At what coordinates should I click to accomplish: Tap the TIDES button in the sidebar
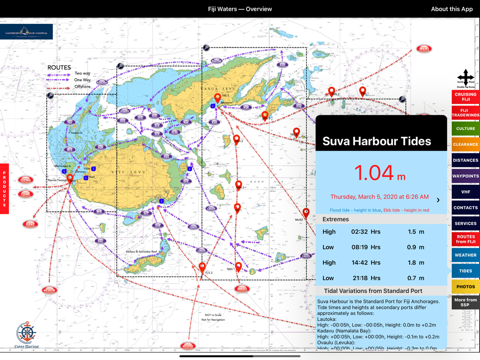tap(465, 271)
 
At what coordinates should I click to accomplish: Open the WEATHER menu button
tap(465, 255)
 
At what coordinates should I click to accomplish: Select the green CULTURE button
tap(465, 128)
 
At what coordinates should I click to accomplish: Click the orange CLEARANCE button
tap(465, 144)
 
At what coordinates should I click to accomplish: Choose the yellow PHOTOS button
tap(465, 287)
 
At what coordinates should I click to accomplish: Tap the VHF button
tap(465, 192)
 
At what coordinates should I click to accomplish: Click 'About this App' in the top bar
tap(451, 9)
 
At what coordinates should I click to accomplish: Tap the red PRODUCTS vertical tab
tap(4, 189)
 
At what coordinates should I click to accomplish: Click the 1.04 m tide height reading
tap(380, 173)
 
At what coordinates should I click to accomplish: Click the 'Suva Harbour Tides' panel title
tap(376, 141)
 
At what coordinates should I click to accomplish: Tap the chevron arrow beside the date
tap(438, 200)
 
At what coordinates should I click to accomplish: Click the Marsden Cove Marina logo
tap(27, 32)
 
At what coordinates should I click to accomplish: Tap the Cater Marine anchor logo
tap(26, 334)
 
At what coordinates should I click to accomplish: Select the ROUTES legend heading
tap(59, 67)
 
